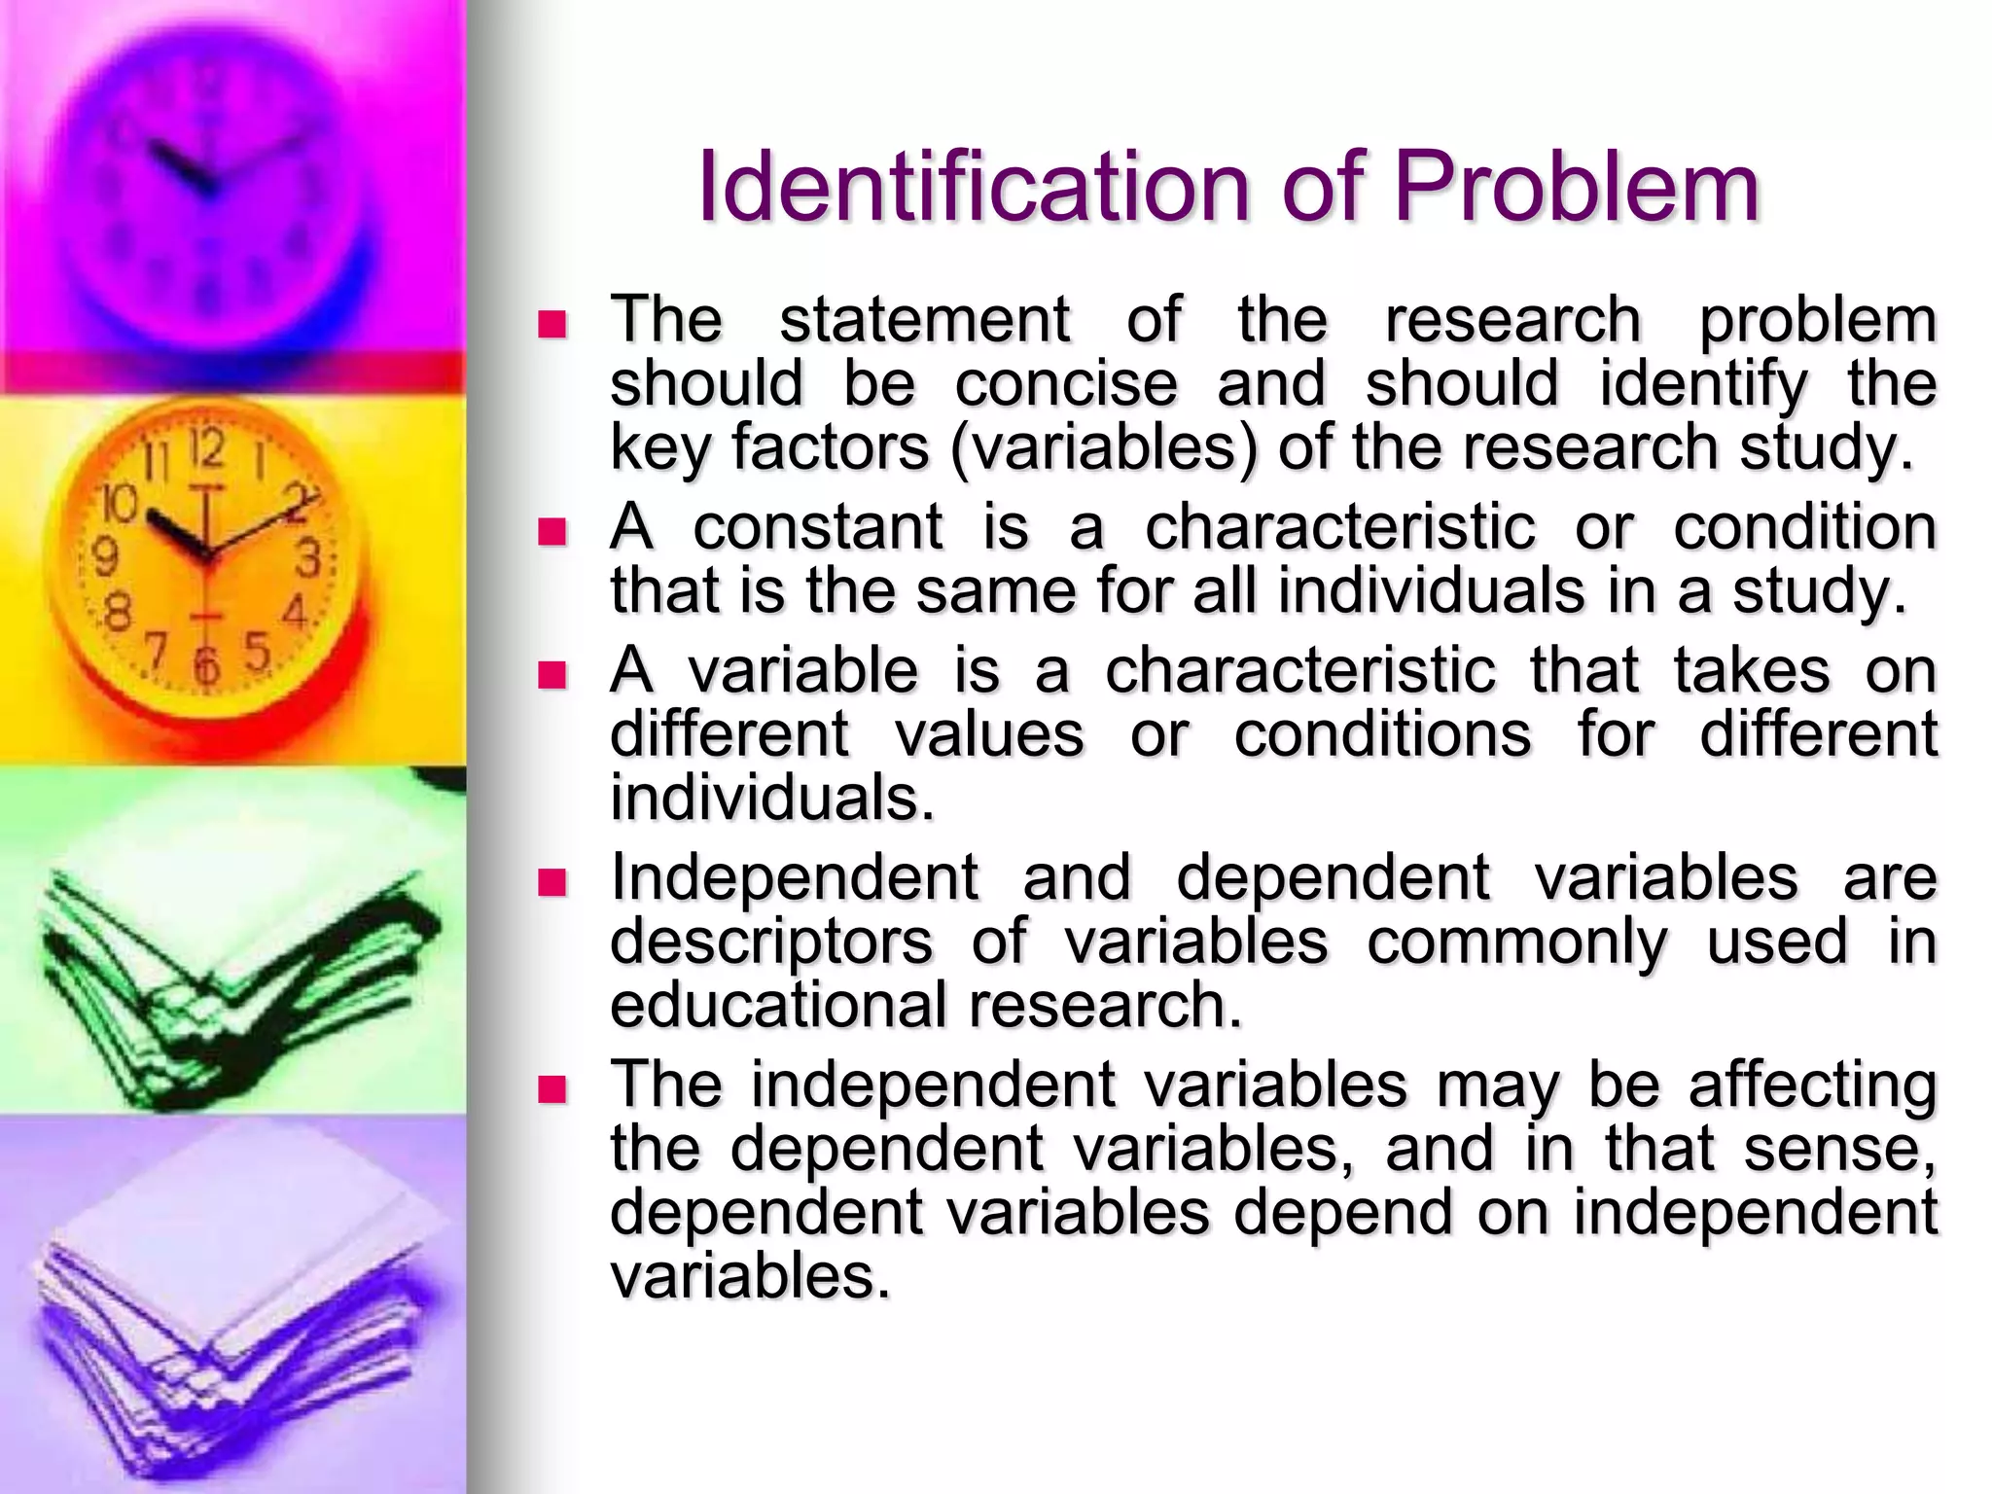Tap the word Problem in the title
[x=1577, y=187]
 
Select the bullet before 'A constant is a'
[x=551, y=531]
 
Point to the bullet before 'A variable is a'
[x=551, y=674]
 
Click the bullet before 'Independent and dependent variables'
[x=551, y=881]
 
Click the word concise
[x=1066, y=384]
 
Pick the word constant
[x=817, y=528]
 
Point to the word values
[x=989, y=734]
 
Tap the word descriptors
[x=771, y=943]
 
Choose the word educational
[x=778, y=1006]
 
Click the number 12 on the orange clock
[x=207, y=448]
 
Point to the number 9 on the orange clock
[x=104, y=556]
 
